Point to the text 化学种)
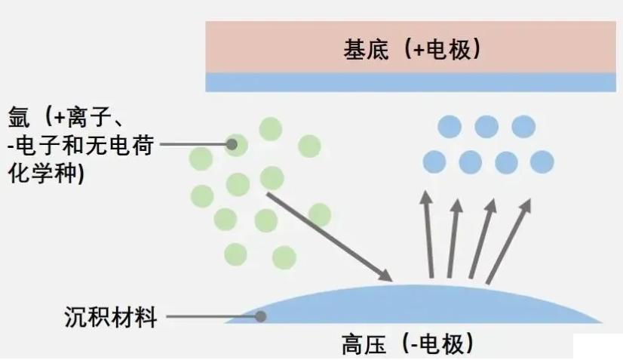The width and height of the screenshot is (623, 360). [45, 172]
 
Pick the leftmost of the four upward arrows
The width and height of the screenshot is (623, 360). [428, 234]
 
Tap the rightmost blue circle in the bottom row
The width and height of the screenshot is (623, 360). [542, 162]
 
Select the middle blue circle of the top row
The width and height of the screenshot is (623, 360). [486, 126]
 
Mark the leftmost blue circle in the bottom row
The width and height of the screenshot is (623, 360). [434, 162]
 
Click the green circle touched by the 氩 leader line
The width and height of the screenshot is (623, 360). [236, 143]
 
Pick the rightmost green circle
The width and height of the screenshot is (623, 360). [319, 214]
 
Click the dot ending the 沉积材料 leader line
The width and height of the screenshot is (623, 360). [261, 317]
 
